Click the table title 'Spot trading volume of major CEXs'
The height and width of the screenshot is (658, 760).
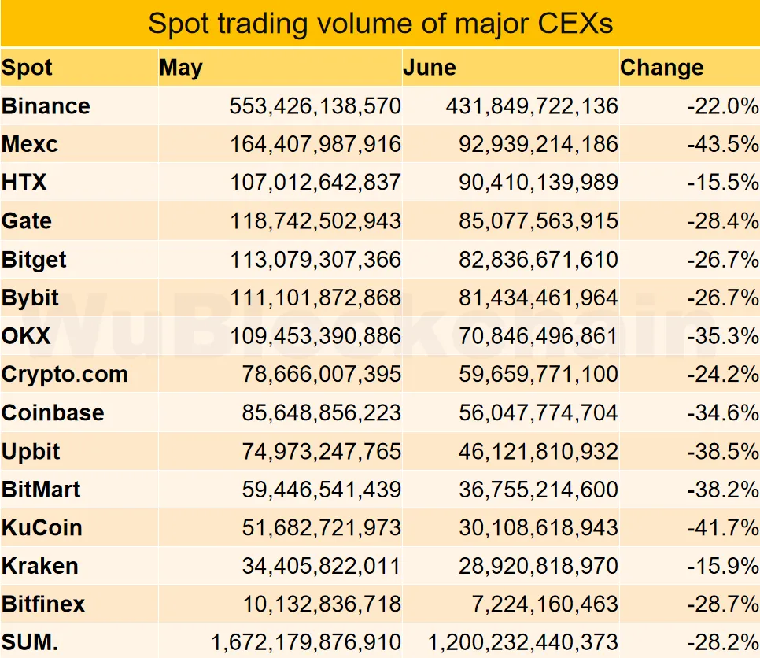[x=380, y=24]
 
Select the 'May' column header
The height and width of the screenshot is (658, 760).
[x=181, y=68]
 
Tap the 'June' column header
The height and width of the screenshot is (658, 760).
[x=430, y=68]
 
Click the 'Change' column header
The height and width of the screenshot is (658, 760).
[x=662, y=68]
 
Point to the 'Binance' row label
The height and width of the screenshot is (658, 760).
[x=46, y=106]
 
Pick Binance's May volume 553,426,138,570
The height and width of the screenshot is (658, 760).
[x=315, y=106]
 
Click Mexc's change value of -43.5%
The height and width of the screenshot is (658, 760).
[x=722, y=145]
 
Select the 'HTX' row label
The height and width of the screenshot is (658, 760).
[x=24, y=183]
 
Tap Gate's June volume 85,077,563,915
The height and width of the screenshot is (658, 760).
[x=539, y=221]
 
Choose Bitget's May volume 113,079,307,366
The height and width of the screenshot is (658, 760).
[x=315, y=260]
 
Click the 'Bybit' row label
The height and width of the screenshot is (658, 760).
[x=31, y=298]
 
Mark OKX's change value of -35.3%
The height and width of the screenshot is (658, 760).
[x=722, y=336]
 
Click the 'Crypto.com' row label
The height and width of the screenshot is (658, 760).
[x=65, y=375]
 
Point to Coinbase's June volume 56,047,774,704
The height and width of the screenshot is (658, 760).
[x=539, y=413]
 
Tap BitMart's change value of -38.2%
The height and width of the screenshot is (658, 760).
[x=722, y=490]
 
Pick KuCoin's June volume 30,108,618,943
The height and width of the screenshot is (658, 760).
[x=539, y=528]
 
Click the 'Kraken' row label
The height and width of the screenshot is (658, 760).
[x=40, y=566]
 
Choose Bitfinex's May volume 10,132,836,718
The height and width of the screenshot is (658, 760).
[x=323, y=604]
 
